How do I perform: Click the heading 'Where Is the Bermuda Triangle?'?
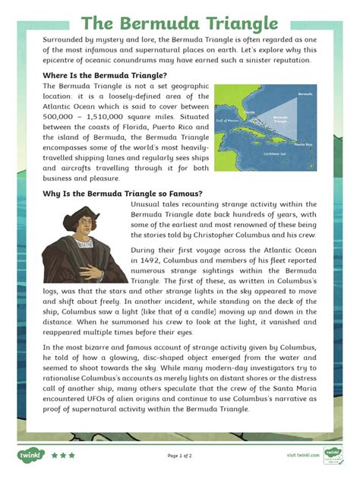tap(105, 75)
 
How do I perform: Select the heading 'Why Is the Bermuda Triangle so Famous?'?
tap(122, 194)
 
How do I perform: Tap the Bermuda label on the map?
tap(305, 95)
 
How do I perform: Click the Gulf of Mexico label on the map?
tap(227, 120)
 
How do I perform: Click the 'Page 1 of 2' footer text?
tap(179, 456)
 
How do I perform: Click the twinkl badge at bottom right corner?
tap(333, 455)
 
